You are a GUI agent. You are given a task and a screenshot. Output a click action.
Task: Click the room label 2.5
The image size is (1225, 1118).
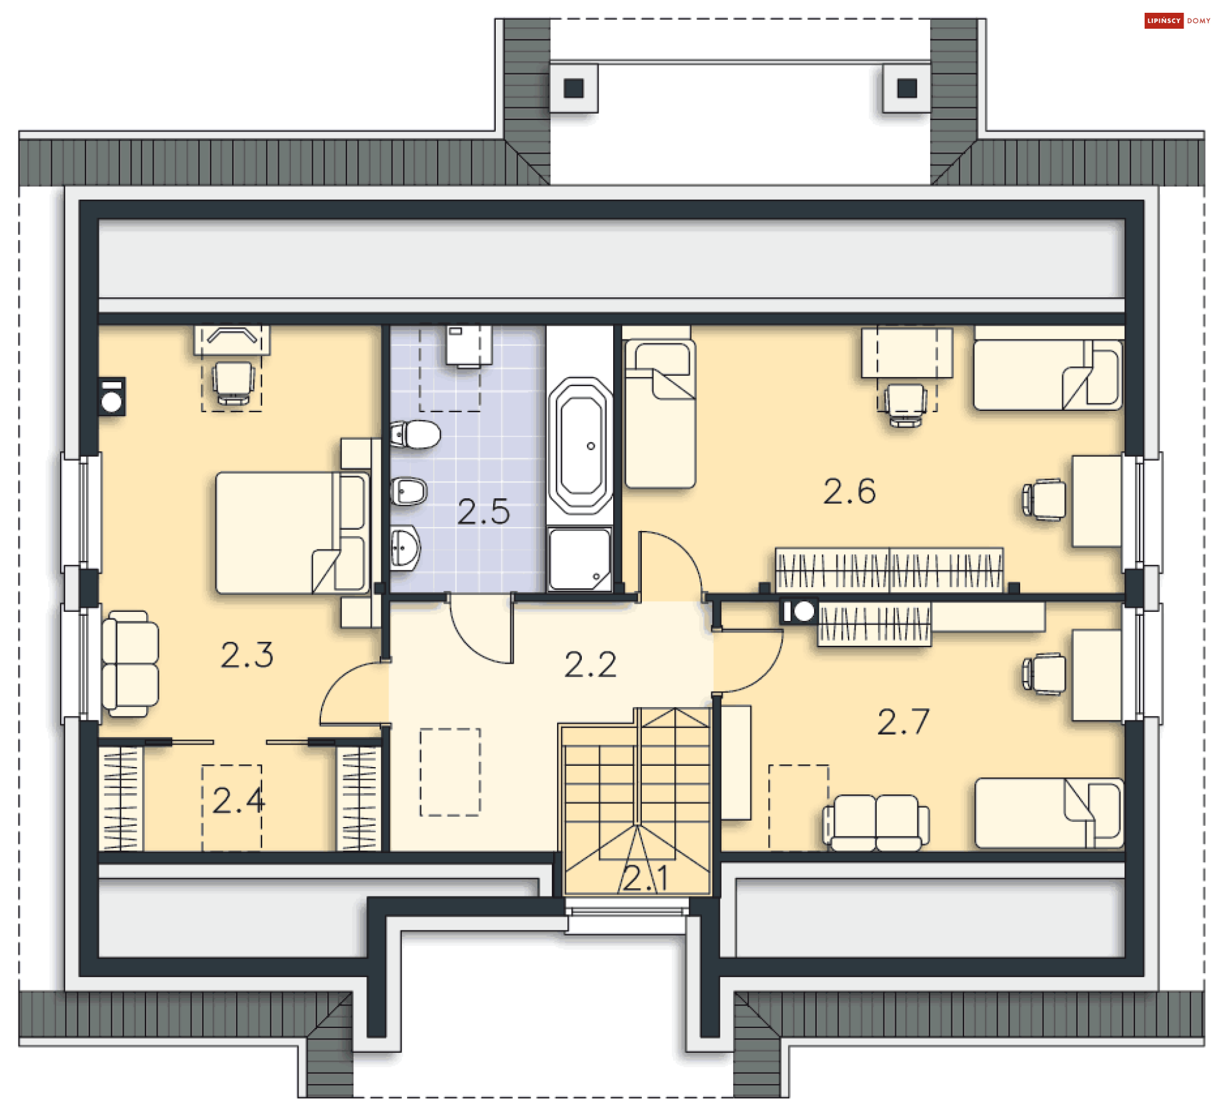(484, 512)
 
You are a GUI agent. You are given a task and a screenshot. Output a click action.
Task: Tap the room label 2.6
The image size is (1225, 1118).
(849, 491)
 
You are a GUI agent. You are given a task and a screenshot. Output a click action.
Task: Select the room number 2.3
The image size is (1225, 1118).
(247, 655)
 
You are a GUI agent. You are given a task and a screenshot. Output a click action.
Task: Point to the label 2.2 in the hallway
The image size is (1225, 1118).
(590, 664)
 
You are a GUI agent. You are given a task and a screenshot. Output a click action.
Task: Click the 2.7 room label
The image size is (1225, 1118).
(903, 722)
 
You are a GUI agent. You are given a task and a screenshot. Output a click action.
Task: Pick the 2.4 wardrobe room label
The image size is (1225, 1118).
(239, 800)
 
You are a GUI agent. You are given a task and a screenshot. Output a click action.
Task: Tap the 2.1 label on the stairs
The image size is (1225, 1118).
(645, 878)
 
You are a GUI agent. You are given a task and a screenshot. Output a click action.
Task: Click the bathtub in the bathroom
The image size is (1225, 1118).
(580, 445)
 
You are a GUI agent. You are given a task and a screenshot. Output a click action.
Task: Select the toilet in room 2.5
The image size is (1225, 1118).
(415, 435)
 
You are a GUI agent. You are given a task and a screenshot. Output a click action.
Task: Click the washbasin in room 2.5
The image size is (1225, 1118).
(405, 548)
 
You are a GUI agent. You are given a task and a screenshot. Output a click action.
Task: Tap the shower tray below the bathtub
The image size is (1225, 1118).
(579, 559)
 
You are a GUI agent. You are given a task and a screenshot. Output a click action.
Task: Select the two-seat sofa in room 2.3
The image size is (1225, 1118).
(130, 664)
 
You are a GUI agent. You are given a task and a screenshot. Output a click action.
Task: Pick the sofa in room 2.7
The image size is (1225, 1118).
(876, 823)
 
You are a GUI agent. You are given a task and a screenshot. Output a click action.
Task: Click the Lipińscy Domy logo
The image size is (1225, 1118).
(1177, 20)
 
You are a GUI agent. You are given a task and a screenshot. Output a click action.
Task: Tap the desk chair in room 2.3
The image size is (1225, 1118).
(232, 382)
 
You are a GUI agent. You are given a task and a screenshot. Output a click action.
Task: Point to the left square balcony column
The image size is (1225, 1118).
(574, 88)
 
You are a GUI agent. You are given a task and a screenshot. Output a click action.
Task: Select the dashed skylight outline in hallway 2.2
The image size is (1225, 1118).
(450, 772)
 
